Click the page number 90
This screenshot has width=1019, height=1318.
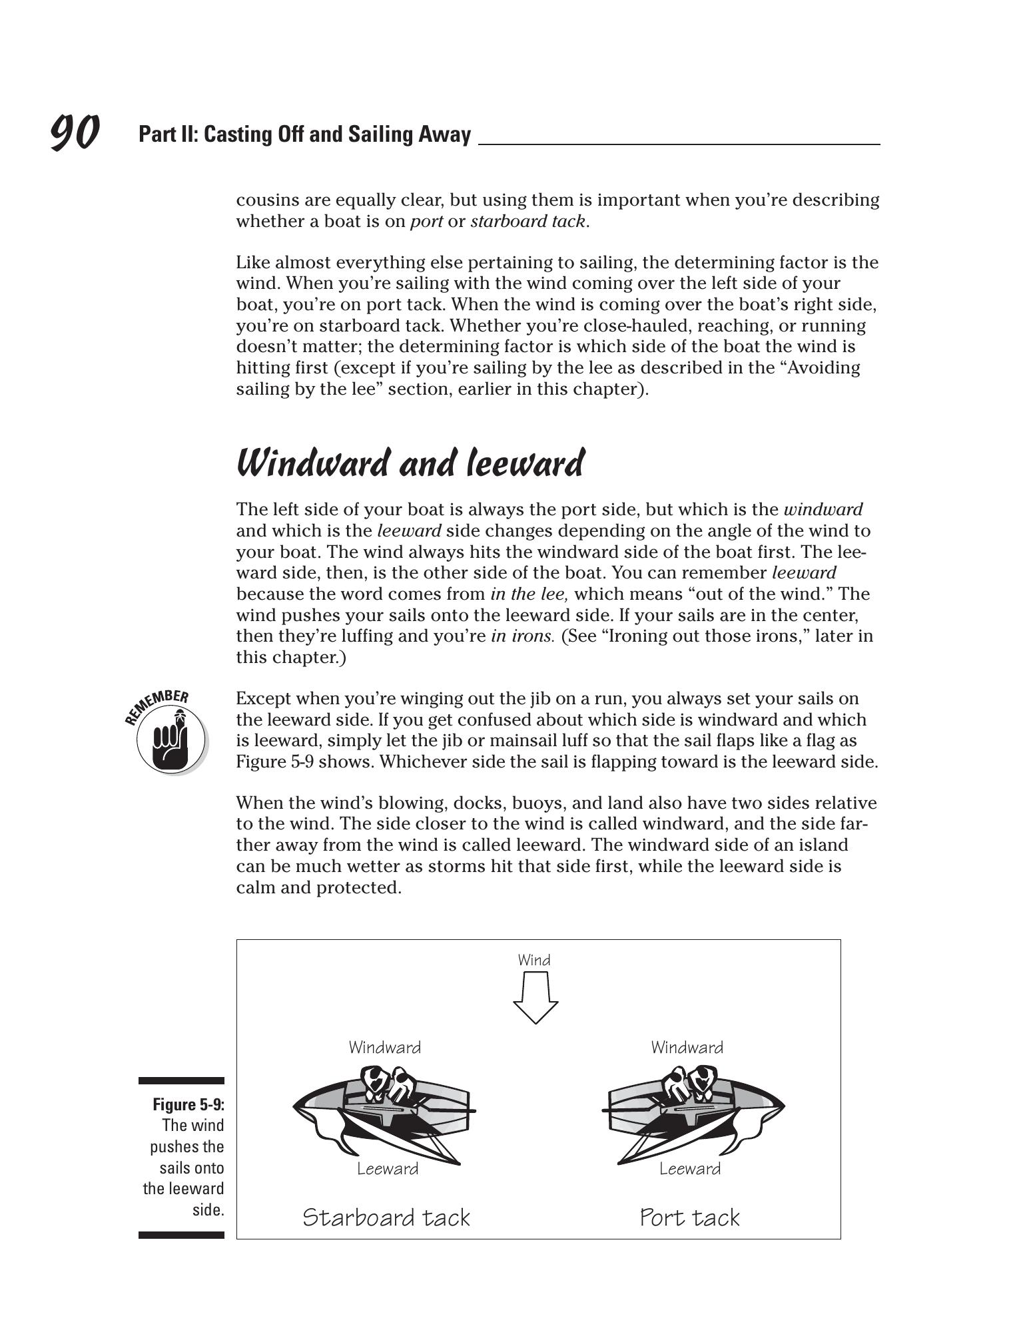click(75, 132)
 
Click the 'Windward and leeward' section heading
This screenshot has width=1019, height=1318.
click(410, 463)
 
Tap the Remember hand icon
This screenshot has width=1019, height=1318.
click(170, 737)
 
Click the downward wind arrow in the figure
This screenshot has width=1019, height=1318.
click(535, 996)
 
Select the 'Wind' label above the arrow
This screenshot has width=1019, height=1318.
click(534, 960)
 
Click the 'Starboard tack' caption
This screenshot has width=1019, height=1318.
click(386, 1217)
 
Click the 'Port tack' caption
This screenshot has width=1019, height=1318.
click(689, 1217)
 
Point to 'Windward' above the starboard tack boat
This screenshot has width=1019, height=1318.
click(385, 1048)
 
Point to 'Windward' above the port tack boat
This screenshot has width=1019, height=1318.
click(687, 1048)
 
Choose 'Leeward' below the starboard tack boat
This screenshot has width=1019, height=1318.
click(388, 1169)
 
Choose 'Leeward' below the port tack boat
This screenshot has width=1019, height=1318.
click(690, 1169)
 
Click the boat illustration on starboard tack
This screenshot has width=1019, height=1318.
click(384, 1112)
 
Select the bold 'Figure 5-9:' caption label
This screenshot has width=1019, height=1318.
click(188, 1105)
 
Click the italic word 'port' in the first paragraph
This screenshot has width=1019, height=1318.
click(426, 221)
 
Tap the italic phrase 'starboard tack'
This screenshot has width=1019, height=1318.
click(528, 221)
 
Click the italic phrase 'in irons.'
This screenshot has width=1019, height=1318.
click(522, 636)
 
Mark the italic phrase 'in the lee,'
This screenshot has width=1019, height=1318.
click(529, 594)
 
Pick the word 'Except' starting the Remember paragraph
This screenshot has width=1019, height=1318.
click(263, 698)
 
